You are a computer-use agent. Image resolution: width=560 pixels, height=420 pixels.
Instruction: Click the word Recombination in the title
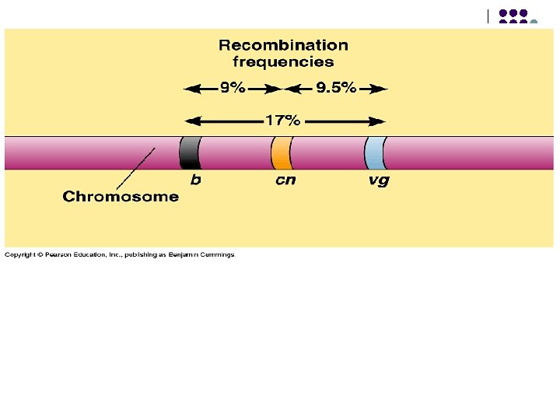(283, 46)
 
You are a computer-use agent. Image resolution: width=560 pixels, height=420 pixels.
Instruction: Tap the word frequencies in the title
(283, 62)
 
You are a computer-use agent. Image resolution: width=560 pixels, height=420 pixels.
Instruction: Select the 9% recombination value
(232, 89)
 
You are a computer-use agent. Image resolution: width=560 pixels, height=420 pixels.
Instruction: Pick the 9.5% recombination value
(336, 89)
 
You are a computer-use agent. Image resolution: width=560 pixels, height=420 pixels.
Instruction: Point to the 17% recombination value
(282, 121)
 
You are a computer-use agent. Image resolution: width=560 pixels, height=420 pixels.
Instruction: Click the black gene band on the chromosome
(190, 152)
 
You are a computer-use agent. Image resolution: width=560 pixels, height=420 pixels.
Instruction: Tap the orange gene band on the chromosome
(281, 152)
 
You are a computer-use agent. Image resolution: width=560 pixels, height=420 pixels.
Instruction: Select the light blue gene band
(376, 152)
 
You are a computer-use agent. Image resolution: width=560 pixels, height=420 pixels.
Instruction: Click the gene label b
(196, 180)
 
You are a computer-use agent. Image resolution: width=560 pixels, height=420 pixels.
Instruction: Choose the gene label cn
(285, 180)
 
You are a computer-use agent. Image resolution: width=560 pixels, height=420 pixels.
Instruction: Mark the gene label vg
(379, 180)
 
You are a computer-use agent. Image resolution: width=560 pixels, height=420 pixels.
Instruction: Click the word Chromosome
(121, 197)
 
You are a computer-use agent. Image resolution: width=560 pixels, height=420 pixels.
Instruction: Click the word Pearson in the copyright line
(57, 255)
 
